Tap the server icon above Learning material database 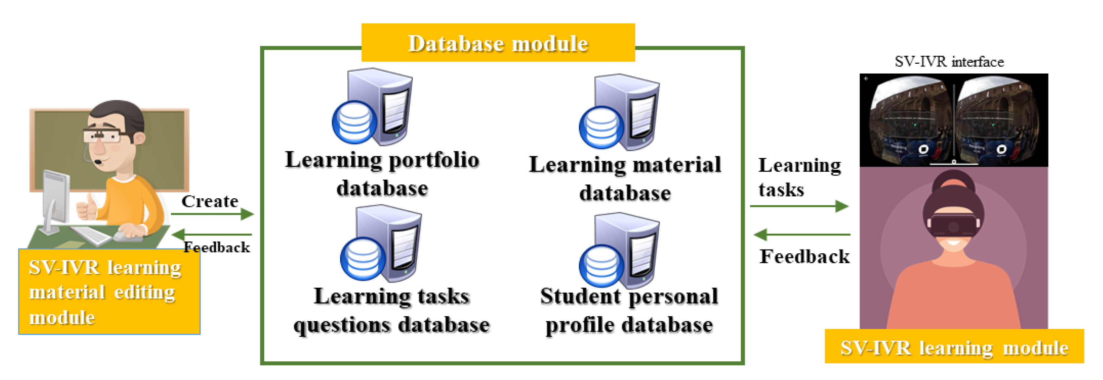pos(620,112)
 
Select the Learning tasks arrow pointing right pos(799,206)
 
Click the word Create pos(209,201)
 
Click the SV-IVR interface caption pos(949,62)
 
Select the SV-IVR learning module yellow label pos(954,348)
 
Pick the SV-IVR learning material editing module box pos(109,292)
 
